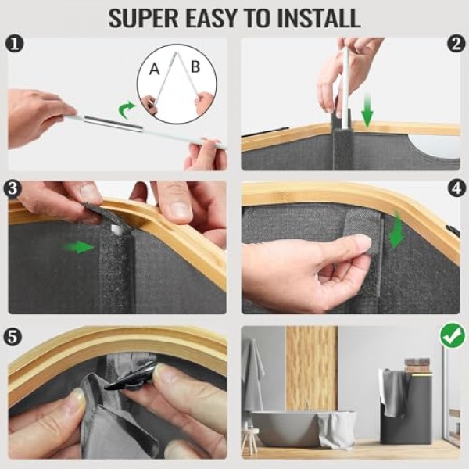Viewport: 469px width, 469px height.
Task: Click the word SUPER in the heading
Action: [143, 19]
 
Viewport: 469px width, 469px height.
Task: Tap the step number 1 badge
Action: [14, 45]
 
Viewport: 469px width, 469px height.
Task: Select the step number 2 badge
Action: [456, 45]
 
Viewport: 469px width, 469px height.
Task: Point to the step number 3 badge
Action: [13, 188]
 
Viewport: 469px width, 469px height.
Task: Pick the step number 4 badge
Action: [456, 188]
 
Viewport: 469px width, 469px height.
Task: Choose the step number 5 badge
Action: [13, 337]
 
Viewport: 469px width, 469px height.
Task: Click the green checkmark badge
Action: [453, 335]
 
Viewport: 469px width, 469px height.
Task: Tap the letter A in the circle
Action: [154, 70]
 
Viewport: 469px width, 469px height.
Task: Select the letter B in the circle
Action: [195, 66]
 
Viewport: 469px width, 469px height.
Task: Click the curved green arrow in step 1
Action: [126, 109]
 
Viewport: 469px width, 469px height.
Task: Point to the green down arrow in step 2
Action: [367, 110]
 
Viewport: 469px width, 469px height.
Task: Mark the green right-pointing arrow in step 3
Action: [78, 247]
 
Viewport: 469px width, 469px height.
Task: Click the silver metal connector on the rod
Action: [113, 124]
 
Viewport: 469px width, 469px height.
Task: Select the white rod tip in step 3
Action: [117, 230]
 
